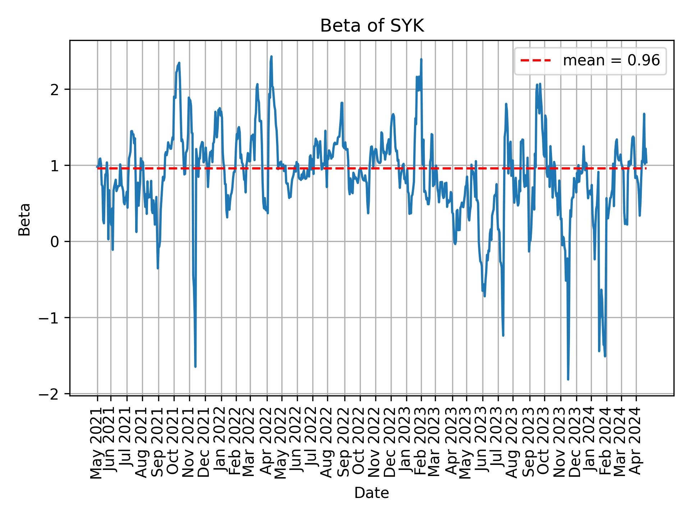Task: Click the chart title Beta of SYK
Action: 372,26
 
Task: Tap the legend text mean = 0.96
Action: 611,61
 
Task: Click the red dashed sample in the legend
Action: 535,61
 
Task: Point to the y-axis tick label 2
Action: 55,89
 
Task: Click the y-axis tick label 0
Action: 55,242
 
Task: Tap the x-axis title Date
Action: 371,493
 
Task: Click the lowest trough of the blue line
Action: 568,379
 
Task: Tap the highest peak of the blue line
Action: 271,57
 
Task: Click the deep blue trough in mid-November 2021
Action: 195,366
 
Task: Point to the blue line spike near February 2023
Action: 421,60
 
